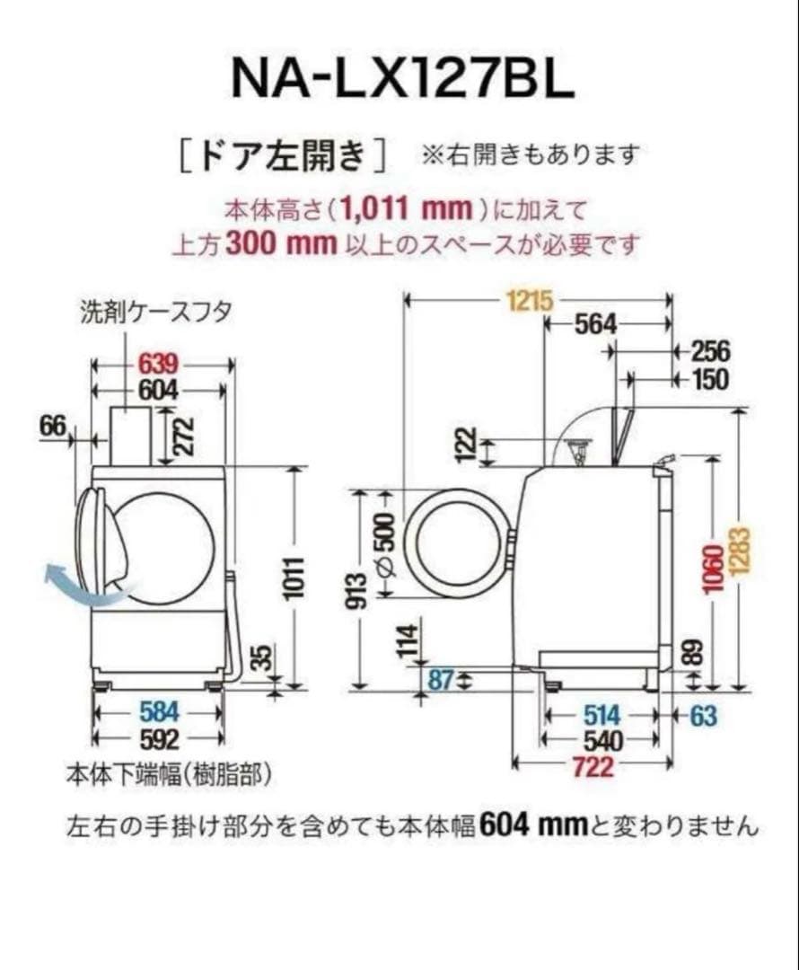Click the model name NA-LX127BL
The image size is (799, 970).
coord(401,79)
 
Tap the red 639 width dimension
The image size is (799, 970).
coord(159,365)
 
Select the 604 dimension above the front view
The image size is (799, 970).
coord(159,391)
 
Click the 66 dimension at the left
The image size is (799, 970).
coord(53,428)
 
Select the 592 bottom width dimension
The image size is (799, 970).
coord(160,739)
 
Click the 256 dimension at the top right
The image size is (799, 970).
coord(710,351)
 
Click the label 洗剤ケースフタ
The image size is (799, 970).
coord(156,312)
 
